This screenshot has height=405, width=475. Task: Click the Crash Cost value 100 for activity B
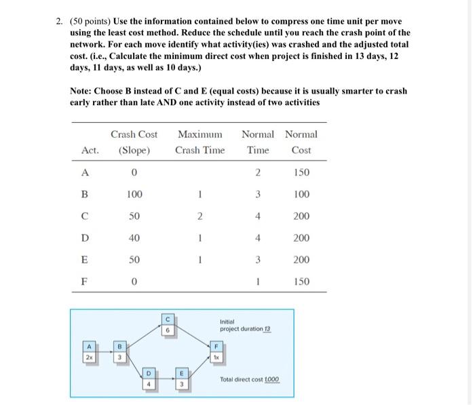pos(134,195)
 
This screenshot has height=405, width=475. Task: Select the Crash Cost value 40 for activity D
pos(134,239)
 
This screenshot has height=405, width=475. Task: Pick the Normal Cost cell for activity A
pos(301,172)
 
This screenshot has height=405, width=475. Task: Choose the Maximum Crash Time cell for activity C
pos(199,216)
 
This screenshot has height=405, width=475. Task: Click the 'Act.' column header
pos(90,150)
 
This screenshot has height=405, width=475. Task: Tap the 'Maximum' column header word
pos(199,134)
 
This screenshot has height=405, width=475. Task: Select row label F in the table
pos(84,282)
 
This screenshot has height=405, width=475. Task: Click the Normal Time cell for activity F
pos(258,282)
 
